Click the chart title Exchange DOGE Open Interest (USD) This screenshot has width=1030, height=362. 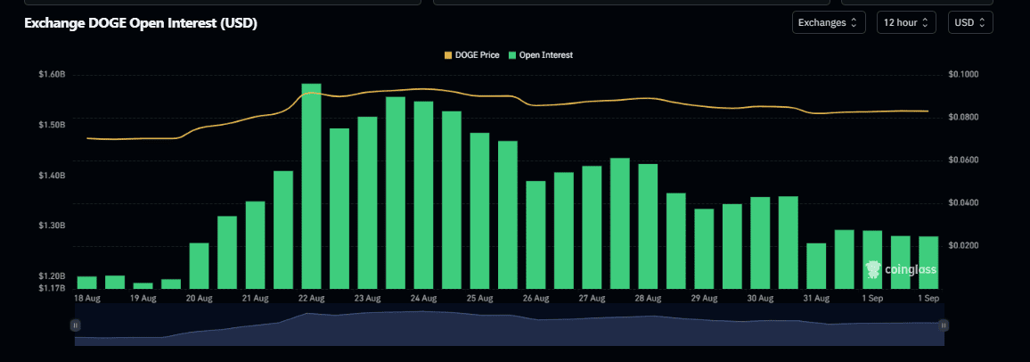(141, 23)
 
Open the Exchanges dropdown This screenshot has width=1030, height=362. (829, 22)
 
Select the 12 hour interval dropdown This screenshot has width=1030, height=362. (905, 22)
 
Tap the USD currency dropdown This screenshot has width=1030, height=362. (969, 22)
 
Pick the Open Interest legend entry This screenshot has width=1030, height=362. (541, 55)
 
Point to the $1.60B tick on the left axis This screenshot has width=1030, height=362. (52, 75)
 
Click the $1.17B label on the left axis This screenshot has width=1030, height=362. (52, 288)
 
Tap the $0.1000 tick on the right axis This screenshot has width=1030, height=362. (963, 75)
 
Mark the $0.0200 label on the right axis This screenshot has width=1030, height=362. (963, 246)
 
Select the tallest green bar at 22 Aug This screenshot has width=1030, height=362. (311, 186)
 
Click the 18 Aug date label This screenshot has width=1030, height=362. (86, 299)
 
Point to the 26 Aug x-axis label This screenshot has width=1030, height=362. (536, 299)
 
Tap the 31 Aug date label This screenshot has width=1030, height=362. (816, 299)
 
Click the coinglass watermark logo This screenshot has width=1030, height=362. (901, 269)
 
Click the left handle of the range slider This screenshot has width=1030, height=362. (76, 325)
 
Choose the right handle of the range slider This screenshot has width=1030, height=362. (944, 325)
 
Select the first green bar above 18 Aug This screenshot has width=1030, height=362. (86, 283)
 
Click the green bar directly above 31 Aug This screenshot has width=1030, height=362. (816, 266)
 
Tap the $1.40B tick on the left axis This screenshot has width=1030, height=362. (52, 176)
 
